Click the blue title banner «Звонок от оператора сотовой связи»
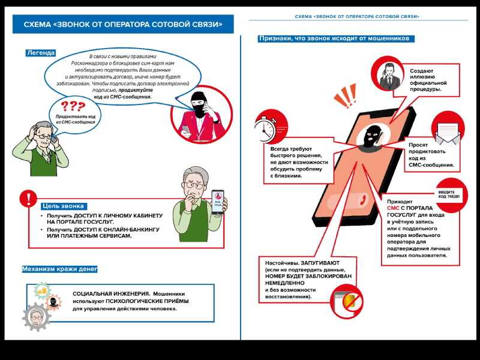click(123, 25)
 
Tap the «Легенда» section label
click(41, 53)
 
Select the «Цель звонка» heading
click(63, 206)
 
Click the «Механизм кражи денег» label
click(59, 269)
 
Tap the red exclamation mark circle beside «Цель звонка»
click(27, 199)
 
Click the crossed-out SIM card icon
click(348, 301)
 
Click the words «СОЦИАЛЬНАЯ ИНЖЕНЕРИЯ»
click(106, 293)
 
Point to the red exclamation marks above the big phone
click(346, 95)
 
